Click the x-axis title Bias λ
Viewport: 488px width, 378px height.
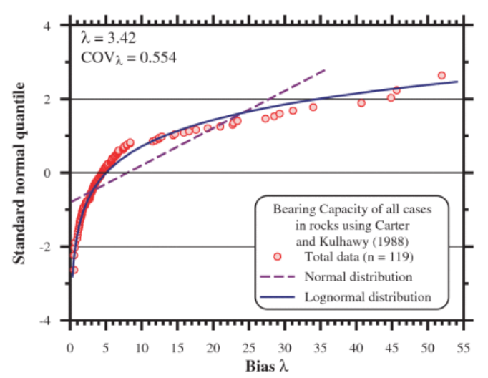pos(267,367)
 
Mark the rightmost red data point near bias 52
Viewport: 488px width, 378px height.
pos(441,75)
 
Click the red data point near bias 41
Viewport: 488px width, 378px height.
pos(361,102)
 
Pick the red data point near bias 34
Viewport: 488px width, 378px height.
pos(313,107)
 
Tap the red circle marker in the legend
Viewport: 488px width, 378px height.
pos(278,256)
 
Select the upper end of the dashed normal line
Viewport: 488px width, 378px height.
pos(326,69)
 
